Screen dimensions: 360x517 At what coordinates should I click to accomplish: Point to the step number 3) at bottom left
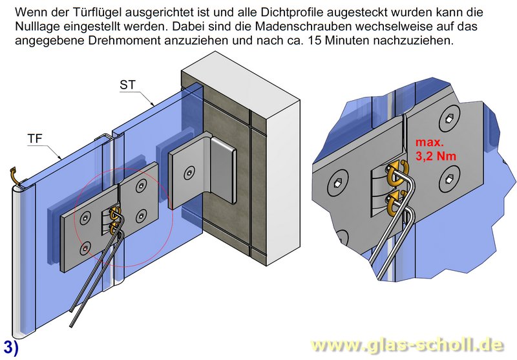pos(10,347)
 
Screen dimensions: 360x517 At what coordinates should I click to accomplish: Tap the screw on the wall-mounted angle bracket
pos(188,173)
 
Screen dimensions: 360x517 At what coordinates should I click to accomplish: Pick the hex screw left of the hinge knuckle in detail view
pos(336,184)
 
